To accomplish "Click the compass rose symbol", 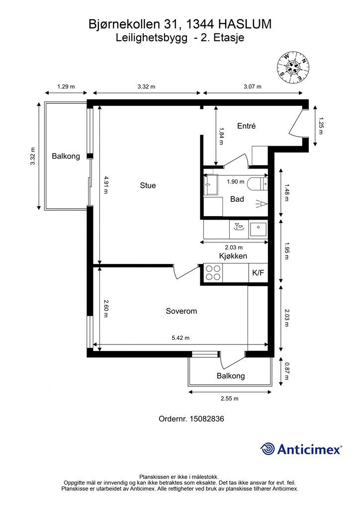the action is pyautogui.click(x=293, y=68).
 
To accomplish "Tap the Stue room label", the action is pyautogui.click(x=148, y=185).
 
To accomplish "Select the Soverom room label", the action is pyautogui.click(x=181, y=311).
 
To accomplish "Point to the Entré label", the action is pyautogui.click(x=247, y=126).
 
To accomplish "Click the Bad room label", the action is pyautogui.click(x=237, y=199).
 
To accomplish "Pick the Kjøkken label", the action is pyautogui.click(x=233, y=256).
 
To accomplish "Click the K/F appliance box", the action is pyautogui.click(x=258, y=273).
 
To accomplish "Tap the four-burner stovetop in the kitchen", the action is pyautogui.click(x=213, y=273).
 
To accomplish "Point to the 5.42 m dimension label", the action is pyautogui.click(x=180, y=338).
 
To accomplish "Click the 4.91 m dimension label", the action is pyautogui.click(x=106, y=185).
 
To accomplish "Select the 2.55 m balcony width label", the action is pyautogui.click(x=230, y=398).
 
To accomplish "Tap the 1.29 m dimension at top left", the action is pyautogui.click(x=66, y=86).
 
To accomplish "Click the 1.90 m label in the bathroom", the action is pyautogui.click(x=235, y=182).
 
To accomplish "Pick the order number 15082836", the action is pyautogui.click(x=206, y=419).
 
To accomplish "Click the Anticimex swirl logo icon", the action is pyautogui.click(x=268, y=449).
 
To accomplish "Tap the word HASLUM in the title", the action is pyautogui.click(x=245, y=24).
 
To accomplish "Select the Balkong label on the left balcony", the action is pyautogui.click(x=66, y=156).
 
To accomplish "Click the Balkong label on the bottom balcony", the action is pyautogui.click(x=231, y=376).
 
